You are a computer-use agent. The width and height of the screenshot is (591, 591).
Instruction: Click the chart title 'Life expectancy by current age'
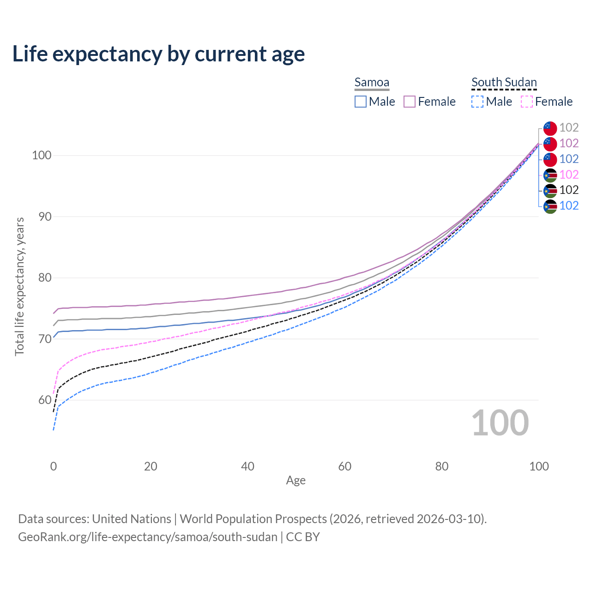coord(158,54)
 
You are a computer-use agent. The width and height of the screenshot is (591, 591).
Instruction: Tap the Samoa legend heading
coord(372,83)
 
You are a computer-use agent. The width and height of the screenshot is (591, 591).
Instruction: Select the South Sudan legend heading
coord(504,83)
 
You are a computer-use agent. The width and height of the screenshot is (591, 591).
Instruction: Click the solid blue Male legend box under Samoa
coord(361,102)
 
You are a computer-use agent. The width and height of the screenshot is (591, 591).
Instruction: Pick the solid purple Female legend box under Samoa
coord(410,102)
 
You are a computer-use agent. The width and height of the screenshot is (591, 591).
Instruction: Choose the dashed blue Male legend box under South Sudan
coord(477,102)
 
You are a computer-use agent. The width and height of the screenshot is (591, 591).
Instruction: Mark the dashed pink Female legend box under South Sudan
coord(527,102)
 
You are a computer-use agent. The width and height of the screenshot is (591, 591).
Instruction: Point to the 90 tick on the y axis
coord(41,217)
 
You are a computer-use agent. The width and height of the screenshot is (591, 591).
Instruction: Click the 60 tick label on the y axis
coord(41,400)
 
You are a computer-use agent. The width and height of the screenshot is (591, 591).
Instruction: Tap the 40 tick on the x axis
coord(248,466)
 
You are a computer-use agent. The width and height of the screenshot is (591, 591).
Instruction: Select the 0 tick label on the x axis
coord(54,466)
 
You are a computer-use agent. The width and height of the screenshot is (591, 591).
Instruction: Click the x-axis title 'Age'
coord(295,481)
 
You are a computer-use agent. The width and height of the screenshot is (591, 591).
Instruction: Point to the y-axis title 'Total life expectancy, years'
coord(19,287)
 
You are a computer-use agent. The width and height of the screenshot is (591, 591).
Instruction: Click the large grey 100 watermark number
coord(500,423)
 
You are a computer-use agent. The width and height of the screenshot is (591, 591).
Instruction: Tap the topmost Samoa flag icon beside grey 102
coord(550,128)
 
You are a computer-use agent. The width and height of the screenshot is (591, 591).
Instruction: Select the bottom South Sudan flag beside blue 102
coord(550,206)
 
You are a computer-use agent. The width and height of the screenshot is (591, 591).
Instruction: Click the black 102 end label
coord(569,190)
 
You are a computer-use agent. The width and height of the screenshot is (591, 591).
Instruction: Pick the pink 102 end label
coord(569,175)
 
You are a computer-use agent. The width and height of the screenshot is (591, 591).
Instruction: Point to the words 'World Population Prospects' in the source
coord(253,519)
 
